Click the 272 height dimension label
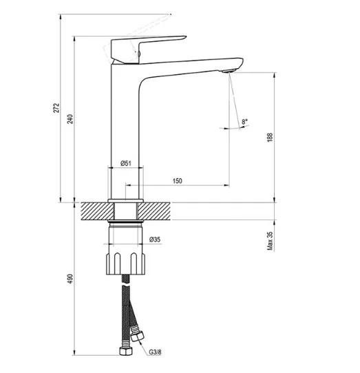[x=56, y=108]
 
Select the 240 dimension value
[x=70, y=119]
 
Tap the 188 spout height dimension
[x=270, y=138]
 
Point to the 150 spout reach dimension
[x=178, y=181]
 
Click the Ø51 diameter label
[x=126, y=163]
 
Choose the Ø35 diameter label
[x=155, y=239]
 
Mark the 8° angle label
[x=244, y=122]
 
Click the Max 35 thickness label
[x=270, y=241]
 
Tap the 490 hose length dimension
[x=70, y=279]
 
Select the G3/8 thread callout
[x=155, y=352]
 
